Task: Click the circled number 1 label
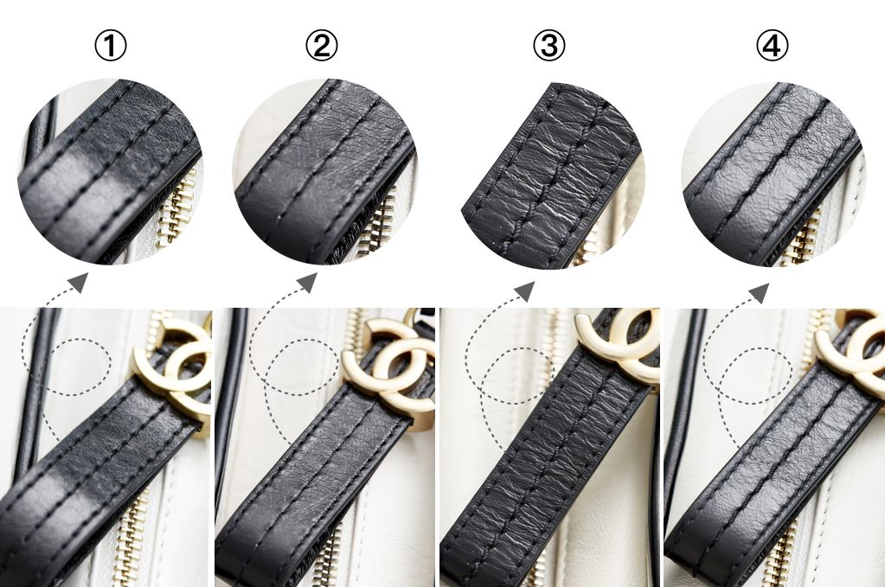[111, 46]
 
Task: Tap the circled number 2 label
[322, 46]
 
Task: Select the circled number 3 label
[549, 46]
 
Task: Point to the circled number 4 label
[773, 46]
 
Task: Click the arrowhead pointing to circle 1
[79, 281]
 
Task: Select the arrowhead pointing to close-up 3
[524, 290]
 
